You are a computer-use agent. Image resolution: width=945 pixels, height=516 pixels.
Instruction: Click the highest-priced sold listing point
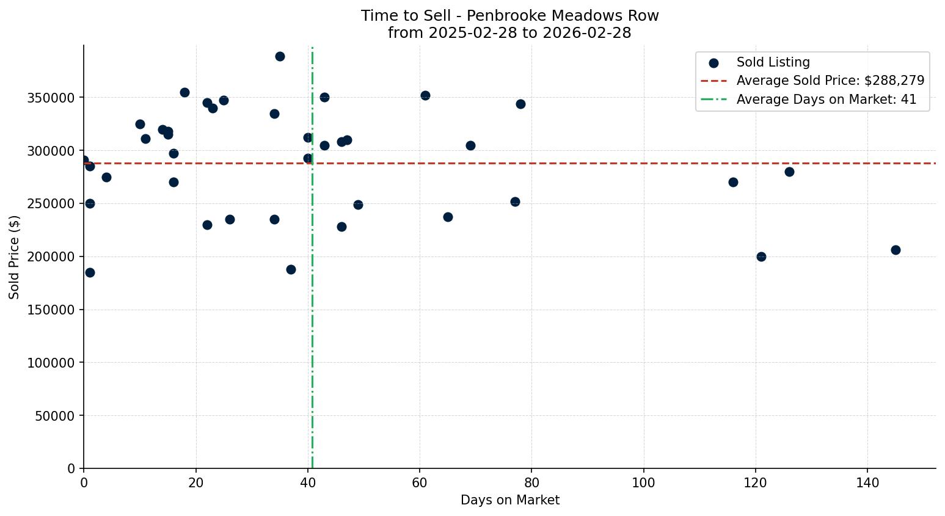point(280,56)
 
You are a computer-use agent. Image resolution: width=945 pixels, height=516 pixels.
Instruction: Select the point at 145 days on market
point(896,250)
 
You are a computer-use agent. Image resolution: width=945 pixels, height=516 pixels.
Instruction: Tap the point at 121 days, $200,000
point(761,256)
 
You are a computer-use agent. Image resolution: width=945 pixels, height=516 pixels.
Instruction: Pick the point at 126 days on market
point(789,172)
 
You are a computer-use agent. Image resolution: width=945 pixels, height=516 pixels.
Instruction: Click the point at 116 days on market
point(733,182)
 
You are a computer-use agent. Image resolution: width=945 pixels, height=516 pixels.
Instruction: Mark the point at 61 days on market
point(425,95)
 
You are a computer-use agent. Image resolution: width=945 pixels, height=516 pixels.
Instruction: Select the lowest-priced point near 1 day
point(90,272)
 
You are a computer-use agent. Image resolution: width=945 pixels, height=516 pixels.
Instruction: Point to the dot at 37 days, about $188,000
point(291,269)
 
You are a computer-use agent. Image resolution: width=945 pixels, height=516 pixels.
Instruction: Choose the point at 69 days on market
point(470,145)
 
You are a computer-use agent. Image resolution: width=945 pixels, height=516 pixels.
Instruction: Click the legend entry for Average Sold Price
point(830,81)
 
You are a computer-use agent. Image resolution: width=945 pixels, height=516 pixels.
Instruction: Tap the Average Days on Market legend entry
point(826,100)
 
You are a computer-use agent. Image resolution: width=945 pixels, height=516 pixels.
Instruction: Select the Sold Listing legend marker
point(713,62)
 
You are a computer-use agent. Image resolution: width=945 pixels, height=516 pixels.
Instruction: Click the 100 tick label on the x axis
point(643,483)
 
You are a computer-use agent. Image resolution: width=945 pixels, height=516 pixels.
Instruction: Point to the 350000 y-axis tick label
point(51,98)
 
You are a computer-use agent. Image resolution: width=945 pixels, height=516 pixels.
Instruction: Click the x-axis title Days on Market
point(509,500)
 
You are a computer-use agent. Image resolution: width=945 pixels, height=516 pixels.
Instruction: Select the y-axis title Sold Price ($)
point(14,257)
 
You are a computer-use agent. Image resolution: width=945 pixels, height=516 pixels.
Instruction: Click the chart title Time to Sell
point(509,16)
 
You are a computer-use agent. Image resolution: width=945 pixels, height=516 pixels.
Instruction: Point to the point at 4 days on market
point(106,177)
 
